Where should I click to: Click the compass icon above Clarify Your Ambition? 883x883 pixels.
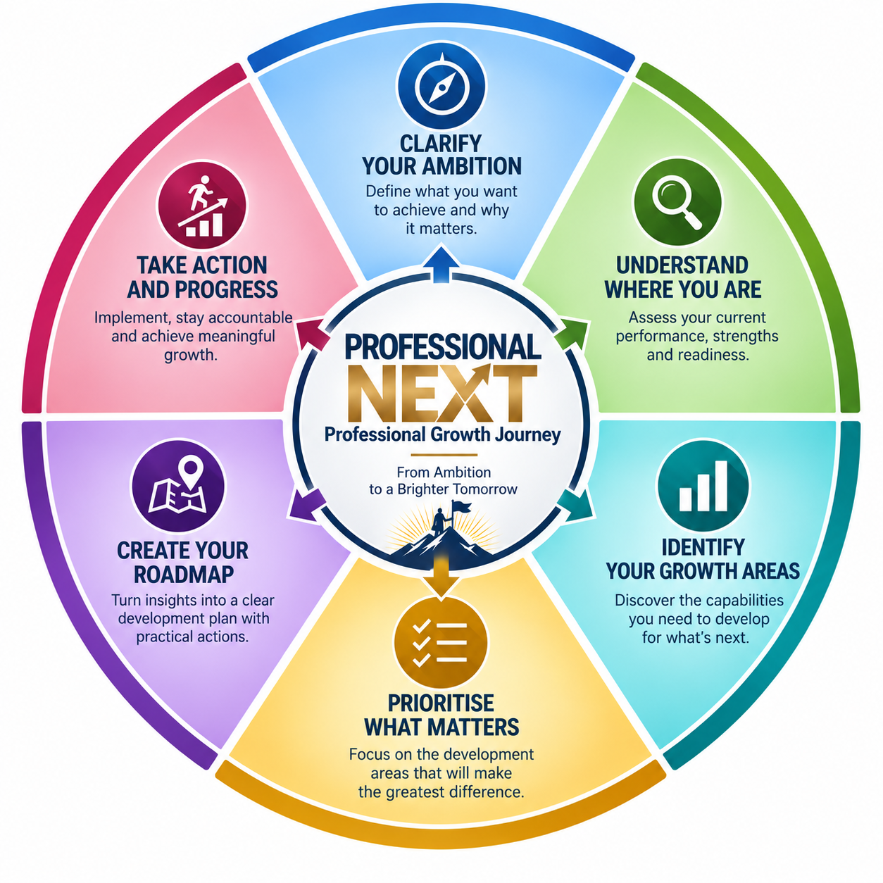441,87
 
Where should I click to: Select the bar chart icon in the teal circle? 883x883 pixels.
703,486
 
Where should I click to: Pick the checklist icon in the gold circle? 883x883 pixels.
440,642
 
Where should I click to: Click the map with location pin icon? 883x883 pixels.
177,486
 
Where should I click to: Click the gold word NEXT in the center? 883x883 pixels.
441,393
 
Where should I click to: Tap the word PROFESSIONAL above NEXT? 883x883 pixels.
443,347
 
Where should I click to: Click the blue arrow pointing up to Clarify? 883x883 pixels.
441,263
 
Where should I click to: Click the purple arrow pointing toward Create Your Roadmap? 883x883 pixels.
307,504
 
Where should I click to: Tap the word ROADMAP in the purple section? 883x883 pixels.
184,575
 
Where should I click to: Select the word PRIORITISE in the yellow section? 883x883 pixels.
441,703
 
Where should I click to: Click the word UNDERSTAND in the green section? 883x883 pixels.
682,265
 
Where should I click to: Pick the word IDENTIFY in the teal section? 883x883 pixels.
703,547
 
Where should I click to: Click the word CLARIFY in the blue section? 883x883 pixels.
441,143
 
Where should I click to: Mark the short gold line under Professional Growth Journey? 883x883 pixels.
444,455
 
